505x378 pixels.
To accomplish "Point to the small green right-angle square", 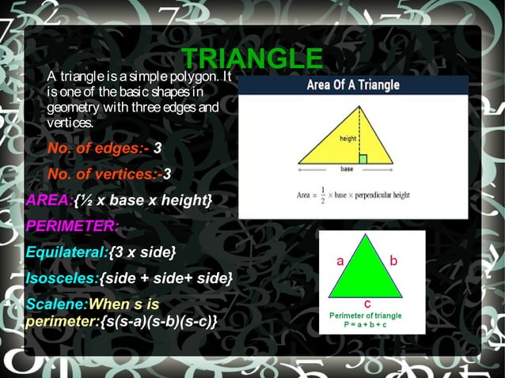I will pyautogui.click(x=363, y=159).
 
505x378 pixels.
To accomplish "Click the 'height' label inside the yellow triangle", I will pyautogui.click(x=347, y=138).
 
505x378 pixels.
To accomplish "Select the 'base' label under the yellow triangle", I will pyautogui.click(x=347, y=169).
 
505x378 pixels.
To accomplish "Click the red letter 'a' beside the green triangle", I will pyautogui.click(x=340, y=260).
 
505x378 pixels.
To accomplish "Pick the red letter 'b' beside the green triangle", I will pyautogui.click(x=393, y=259).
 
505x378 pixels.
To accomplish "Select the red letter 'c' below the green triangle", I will pyautogui.click(x=368, y=303).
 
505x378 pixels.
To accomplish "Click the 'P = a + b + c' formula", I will pyautogui.click(x=366, y=324).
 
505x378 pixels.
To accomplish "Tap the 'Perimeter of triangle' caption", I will pyautogui.click(x=366, y=315).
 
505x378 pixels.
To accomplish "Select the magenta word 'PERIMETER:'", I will pyautogui.click(x=72, y=225).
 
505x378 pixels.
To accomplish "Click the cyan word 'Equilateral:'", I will pyautogui.click(x=67, y=251).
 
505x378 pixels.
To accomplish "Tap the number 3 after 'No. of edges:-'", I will pyautogui.click(x=158, y=148).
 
